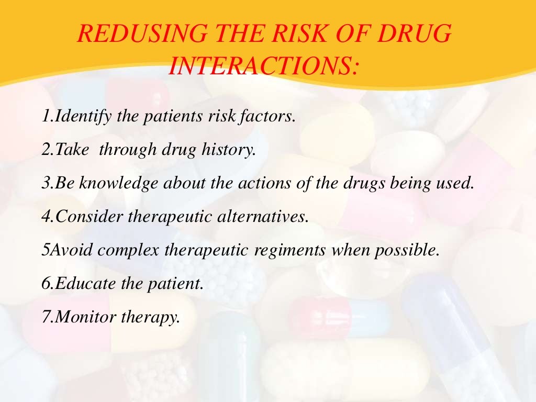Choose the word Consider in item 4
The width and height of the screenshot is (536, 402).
(83, 216)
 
